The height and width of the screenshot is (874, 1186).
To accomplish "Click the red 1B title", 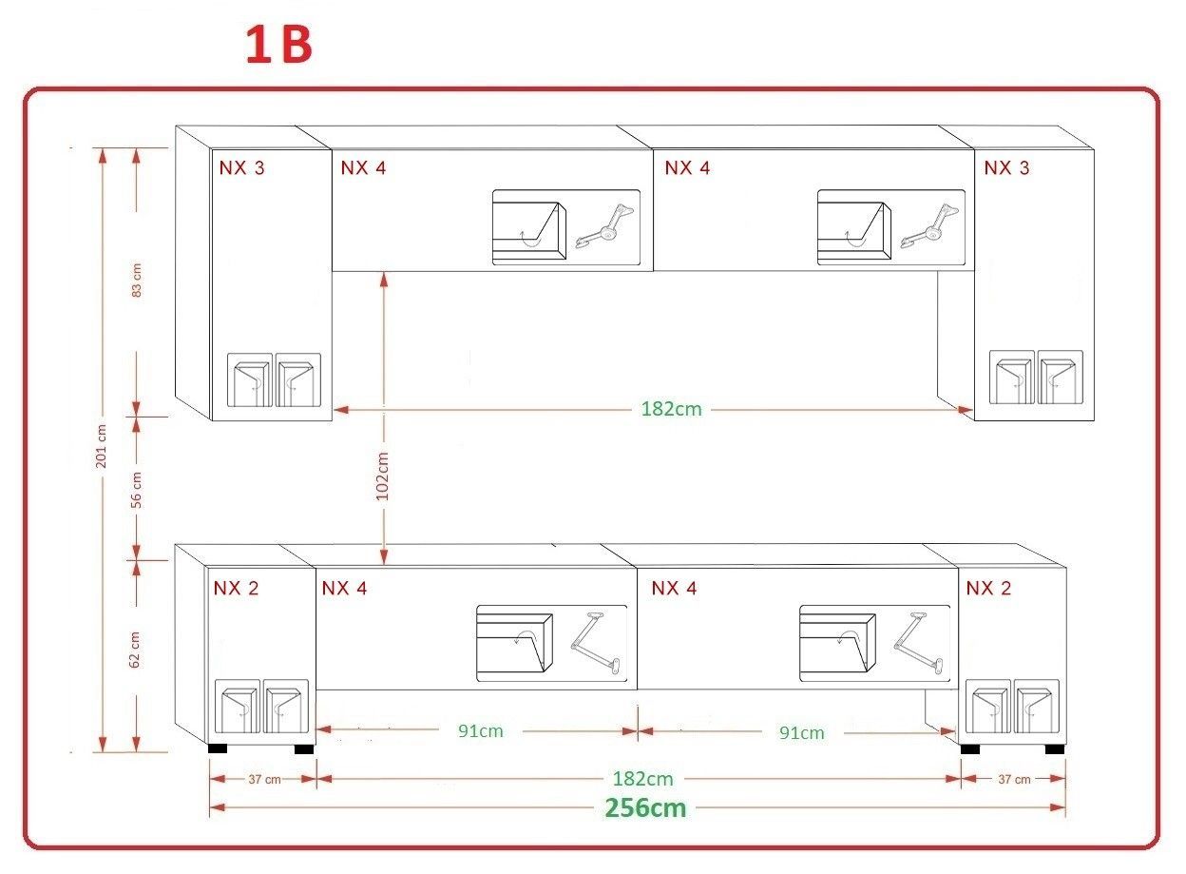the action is pyautogui.click(x=278, y=46).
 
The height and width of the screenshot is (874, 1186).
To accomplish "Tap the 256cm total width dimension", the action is pyautogui.click(x=645, y=808).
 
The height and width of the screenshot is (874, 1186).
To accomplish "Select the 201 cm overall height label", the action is pyautogui.click(x=101, y=446).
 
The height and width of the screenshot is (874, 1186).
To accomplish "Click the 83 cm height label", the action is pyautogui.click(x=136, y=280).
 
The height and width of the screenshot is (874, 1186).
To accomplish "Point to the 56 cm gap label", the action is pyautogui.click(x=136, y=490).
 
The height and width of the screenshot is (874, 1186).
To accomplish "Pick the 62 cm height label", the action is pyautogui.click(x=135, y=650).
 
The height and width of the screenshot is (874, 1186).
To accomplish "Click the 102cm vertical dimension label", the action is pyautogui.click(x=382, y=476).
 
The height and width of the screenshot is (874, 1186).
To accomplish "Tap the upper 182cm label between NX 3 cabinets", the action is pyautogui.click(x=671, y=409).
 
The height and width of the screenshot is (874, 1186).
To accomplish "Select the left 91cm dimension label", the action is pyautogui.click(x=481, y=731).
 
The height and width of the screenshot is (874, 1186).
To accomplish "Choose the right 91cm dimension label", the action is pyautogui.click(x=802, y=733).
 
